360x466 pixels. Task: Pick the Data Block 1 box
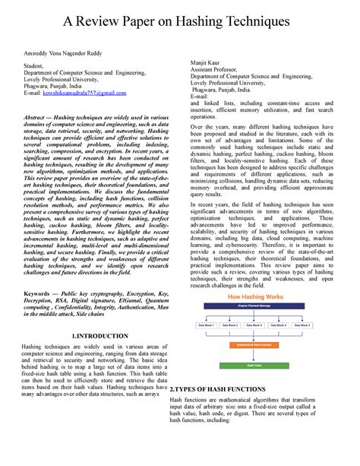206,324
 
